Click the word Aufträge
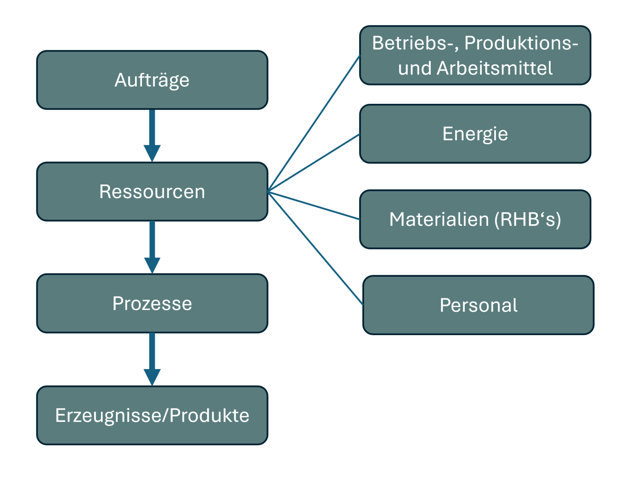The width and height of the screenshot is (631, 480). (152, 80)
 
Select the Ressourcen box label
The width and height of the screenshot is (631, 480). (152, 192)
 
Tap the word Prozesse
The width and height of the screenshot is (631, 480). (152, 303)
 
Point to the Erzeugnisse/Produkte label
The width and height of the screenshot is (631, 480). (152, 415)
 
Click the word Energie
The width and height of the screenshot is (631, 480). (475, 134)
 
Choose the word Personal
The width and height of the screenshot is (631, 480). (478, 305)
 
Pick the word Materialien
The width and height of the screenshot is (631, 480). (439, 219)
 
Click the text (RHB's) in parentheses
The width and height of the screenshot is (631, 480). (528, 219)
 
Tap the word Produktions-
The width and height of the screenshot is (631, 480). (521, 43)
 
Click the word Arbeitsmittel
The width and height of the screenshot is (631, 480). (494, 68)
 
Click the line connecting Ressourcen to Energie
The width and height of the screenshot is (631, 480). (314, 163)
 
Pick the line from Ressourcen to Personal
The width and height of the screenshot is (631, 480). (315, 248)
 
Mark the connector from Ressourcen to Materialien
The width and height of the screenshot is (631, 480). (314, 205)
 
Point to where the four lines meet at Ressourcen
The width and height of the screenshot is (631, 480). (268, 192)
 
